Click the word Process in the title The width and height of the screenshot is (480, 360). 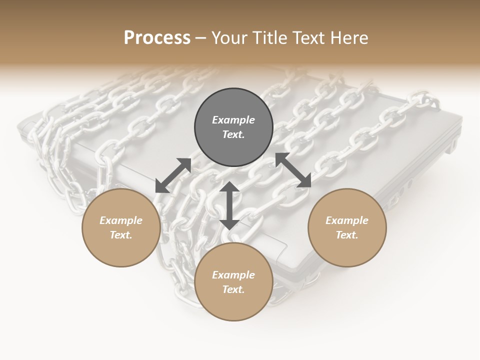pyautogui.click(x=157, y=38)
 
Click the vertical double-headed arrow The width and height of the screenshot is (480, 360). pyautogui.click(x=229, y=205)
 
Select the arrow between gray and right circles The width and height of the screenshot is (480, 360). pyautogui.click(x=293, y=170)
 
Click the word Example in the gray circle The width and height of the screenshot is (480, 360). pyautogui.click(x=233, y=120)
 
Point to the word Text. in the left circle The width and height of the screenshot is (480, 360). pyautogui.click(x=121, y=235)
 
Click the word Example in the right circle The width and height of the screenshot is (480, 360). pyautogui.click(x=347, y=220)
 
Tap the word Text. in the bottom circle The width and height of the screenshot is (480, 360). pyautogui.click(x=233, y=289)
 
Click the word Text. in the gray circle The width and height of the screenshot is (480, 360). pyautogui.click(x=233, y=134)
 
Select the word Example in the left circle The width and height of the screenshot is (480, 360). pyautogui.click(x=121, y=220)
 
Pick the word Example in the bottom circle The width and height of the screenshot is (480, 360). pyautogui.click(x=233, y=275)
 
